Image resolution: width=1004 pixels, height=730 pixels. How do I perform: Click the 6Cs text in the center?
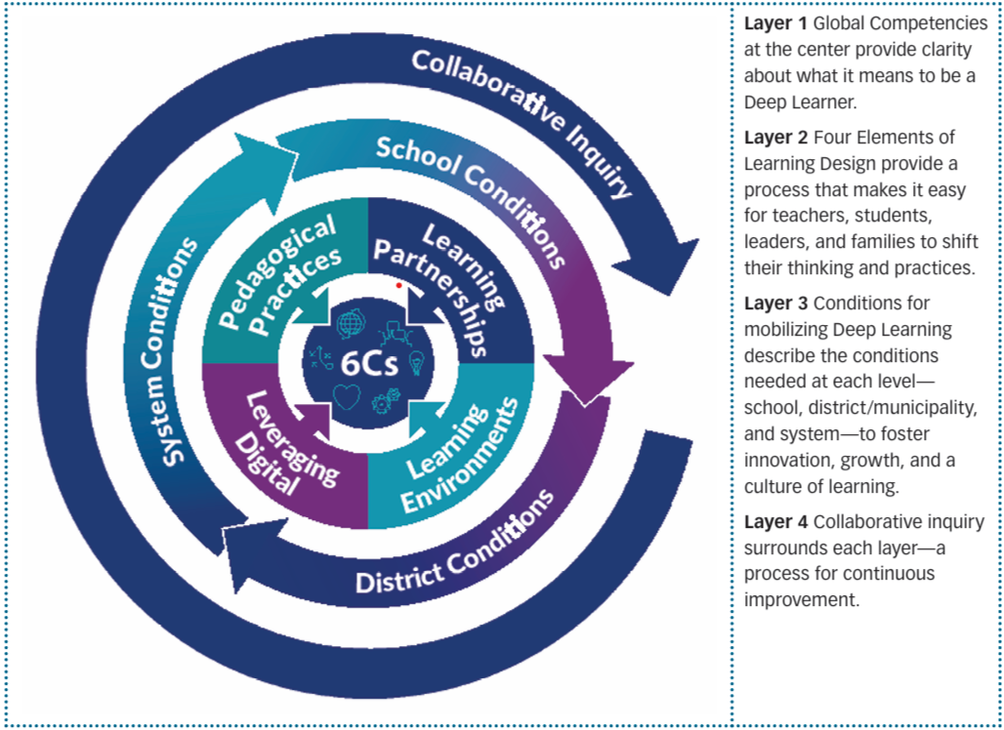click(369, 363)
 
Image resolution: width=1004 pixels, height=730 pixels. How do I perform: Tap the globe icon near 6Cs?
click(350, 323)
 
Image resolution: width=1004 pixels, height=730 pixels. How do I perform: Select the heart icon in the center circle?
click(347, 396)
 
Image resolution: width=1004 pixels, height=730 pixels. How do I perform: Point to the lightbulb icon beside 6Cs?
click(415, 363)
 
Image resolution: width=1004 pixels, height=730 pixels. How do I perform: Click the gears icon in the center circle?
click(386, 400)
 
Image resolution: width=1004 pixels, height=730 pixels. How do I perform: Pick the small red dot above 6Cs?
click(398, 285)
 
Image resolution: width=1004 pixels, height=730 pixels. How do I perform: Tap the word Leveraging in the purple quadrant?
click(292, 439)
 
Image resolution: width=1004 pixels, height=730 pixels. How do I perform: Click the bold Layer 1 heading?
click(775, 23)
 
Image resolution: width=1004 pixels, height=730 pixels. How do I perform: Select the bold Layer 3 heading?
click(775, 304)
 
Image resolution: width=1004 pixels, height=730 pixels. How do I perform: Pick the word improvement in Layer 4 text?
click(801, 601)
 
